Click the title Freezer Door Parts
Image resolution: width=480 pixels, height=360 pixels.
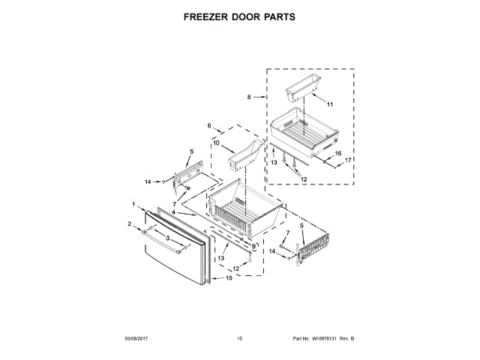240,16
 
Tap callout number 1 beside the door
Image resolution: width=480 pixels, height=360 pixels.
133,204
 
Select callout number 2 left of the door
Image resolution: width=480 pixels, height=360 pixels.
129,223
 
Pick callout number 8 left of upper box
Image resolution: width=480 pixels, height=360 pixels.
248,97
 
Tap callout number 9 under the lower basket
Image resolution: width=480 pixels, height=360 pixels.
253,247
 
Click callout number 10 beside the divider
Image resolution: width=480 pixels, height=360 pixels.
216,142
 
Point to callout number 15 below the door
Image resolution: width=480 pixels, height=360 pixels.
229,278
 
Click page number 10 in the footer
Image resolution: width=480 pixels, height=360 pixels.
239,339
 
